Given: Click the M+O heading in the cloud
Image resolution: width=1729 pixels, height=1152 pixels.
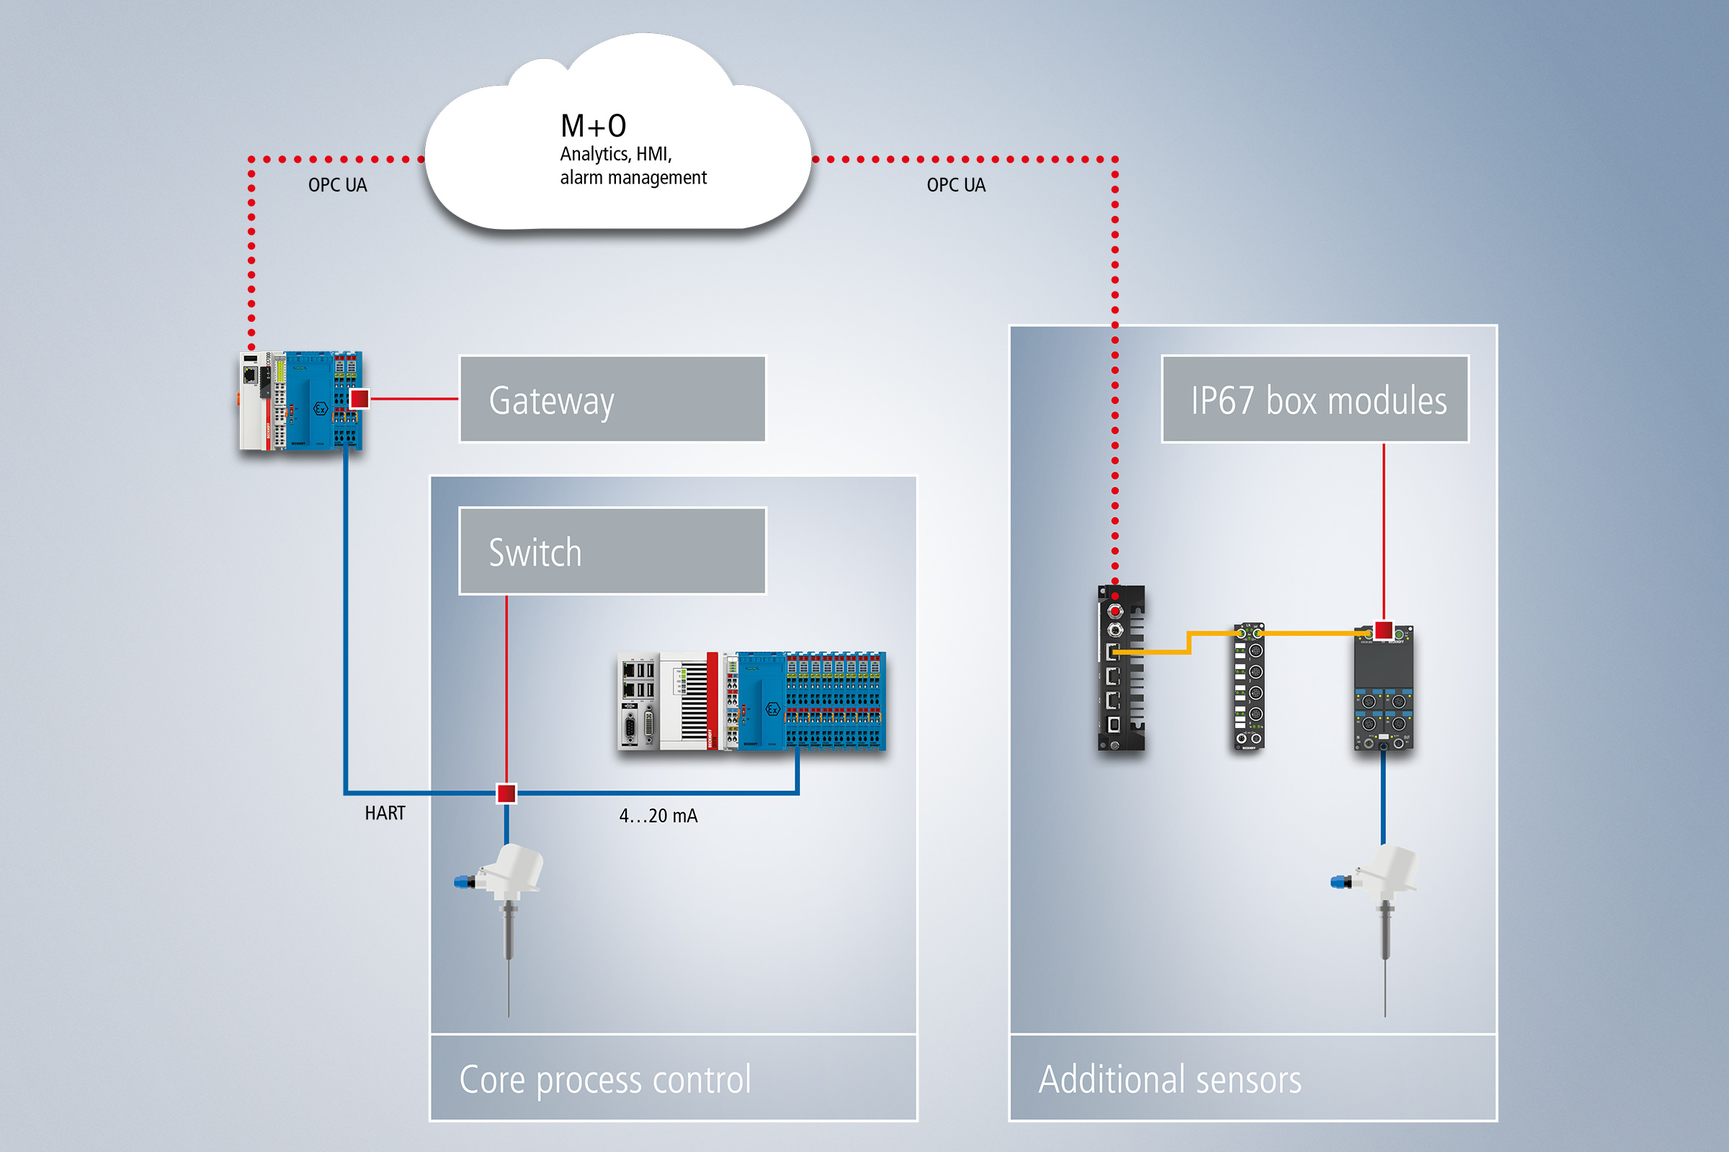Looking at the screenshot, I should (x=593, y=127).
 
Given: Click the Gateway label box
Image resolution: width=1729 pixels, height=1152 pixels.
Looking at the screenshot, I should (x=612, y=400).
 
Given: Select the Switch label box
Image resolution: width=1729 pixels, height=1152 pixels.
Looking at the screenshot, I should (x=612, y=551).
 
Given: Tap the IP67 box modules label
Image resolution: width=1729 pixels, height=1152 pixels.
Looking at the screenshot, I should (x=1315, y=400).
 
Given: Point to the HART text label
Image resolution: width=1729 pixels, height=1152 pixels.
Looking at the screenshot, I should (x=385, y=814).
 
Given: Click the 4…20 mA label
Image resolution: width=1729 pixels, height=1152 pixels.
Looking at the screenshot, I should (x=658, y=816).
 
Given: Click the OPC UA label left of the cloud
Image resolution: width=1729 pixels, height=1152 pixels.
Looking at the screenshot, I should (x=337, y=185).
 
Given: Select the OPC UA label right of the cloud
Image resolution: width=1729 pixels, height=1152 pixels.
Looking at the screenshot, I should (x=956, y=185).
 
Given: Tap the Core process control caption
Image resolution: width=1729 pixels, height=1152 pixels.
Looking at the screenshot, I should (x=605, y=1079).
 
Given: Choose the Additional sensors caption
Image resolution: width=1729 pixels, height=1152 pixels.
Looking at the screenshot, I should (x=1169, y=1079).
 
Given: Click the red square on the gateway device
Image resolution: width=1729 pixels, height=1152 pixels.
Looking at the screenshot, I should (x=359, y=399).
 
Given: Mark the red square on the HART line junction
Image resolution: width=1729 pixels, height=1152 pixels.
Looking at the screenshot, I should (x=506, y=793).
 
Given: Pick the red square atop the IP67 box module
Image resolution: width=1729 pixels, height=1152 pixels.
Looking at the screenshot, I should (x=1383, y=629).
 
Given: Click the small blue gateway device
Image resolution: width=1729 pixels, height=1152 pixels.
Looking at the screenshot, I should (x=301, y=400).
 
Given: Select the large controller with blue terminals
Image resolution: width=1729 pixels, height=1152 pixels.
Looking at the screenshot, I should (x=751, y=701).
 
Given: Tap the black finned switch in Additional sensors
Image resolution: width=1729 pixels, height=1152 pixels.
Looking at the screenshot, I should (x=1120, y=668).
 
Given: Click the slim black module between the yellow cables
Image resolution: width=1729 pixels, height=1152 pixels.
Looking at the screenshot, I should (x=1249, y=687).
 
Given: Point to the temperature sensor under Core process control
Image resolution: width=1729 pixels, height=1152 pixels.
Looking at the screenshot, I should (x=504, y=904).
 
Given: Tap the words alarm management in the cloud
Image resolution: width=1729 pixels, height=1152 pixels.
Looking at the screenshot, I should (x=633, y=178).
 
